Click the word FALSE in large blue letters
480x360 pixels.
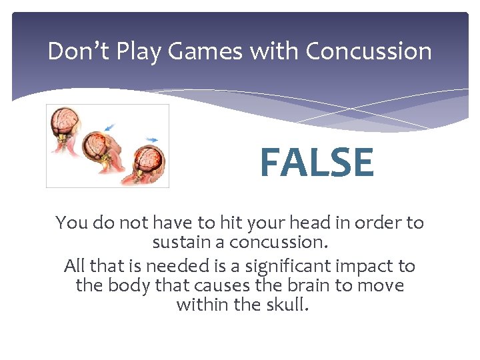click(x=317, y=163)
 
